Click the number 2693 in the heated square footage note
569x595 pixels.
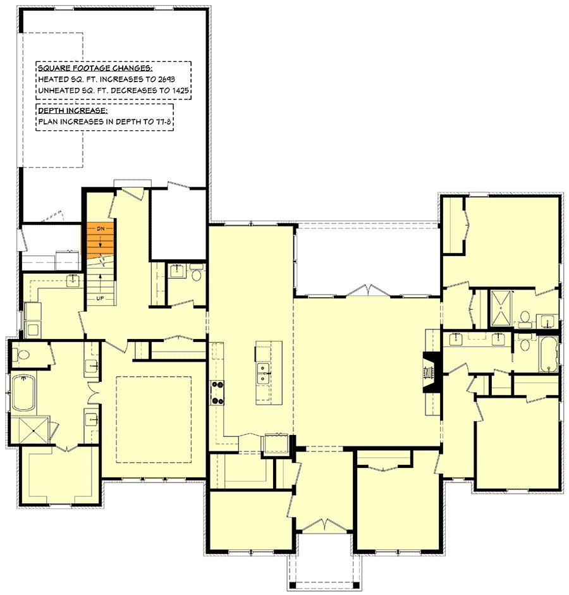pyautogui.click(x=162, y=80)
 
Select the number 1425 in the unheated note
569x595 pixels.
pyautogui.click(x=177, y=90)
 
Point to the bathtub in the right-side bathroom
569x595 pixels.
pyautogui.click(x=548, y=354)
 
